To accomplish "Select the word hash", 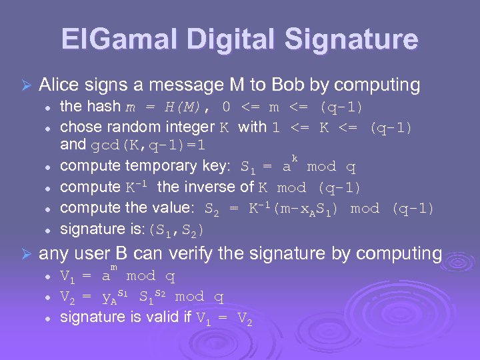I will point(104,107).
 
